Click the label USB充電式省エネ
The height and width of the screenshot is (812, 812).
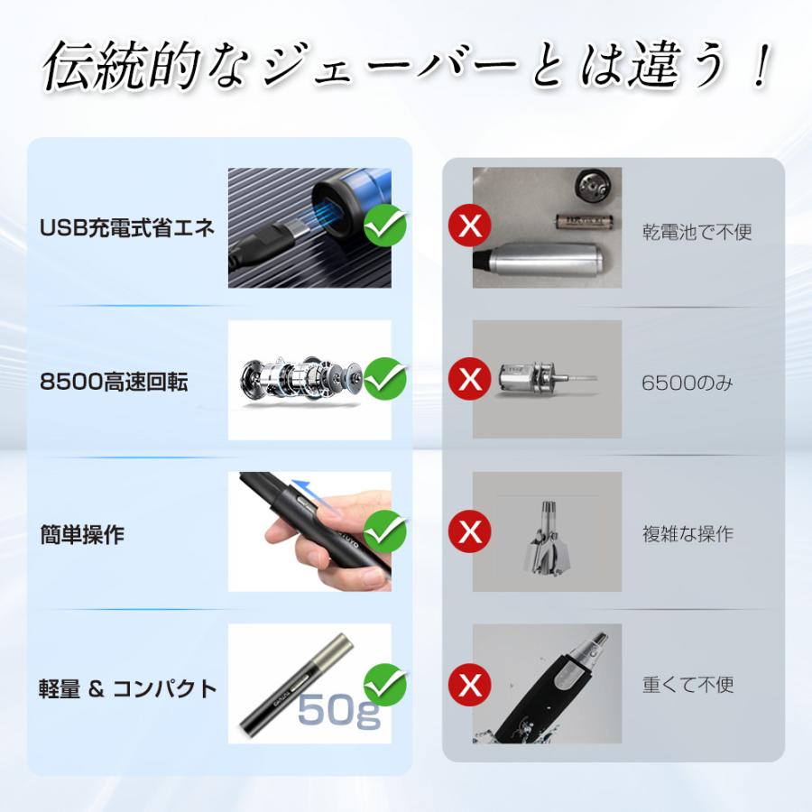click(x=127, y=227)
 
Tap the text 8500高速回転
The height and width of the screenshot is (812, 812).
click(x=114, y=382)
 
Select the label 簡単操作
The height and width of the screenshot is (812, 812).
click(x=82, y=534)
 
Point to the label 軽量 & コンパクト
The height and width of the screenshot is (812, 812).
click(x=127, y=688)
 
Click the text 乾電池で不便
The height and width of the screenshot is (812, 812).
click(x=697, y=232)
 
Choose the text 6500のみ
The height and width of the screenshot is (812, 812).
click(x=687, y=383)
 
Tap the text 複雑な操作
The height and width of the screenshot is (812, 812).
click(x=687, y=533)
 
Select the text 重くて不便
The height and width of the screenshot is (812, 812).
click(x=687, y=685)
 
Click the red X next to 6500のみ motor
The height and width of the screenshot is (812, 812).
click(x=470, y=379)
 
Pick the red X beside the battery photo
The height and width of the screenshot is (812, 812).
click(x=470, y=226)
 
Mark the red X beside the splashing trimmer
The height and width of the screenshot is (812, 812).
click(x=470, y=684)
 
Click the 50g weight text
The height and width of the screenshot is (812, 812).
click(x=339, y=711)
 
